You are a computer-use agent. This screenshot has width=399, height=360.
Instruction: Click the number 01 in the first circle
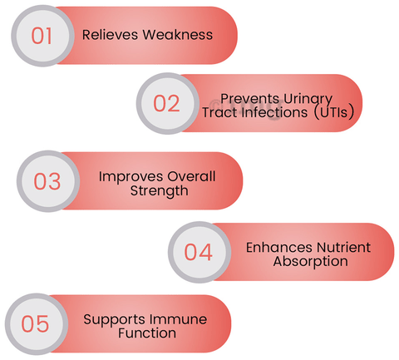click(42, 36)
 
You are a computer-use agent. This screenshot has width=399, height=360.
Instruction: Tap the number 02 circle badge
click(168, 103)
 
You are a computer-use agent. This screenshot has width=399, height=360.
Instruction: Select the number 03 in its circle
click(47, 181)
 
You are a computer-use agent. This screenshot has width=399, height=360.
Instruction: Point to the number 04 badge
click(199, 252)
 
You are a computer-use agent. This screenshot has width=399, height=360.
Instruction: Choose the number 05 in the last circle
click(35, 323)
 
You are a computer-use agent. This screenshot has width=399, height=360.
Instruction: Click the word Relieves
click(110, 35)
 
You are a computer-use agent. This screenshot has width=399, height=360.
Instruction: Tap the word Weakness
click(178, 35)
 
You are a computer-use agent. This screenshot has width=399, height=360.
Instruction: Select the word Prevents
click(249, 98)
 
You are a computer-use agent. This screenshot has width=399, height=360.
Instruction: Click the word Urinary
click(308, 100)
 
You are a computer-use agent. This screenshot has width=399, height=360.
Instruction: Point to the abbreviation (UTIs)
click(334, 112)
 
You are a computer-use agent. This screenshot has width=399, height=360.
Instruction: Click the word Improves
click(131, 177)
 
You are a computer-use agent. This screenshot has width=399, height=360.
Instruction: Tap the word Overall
click(191, 176)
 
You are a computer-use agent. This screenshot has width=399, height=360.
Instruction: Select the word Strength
click(160, 191)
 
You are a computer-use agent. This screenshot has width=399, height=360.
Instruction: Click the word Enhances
click(279, 248)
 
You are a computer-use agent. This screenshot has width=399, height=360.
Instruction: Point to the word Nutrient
click(344, 248)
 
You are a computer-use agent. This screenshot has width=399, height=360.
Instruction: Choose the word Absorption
click(311, 262)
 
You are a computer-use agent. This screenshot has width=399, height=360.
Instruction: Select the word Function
click(147, 333)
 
